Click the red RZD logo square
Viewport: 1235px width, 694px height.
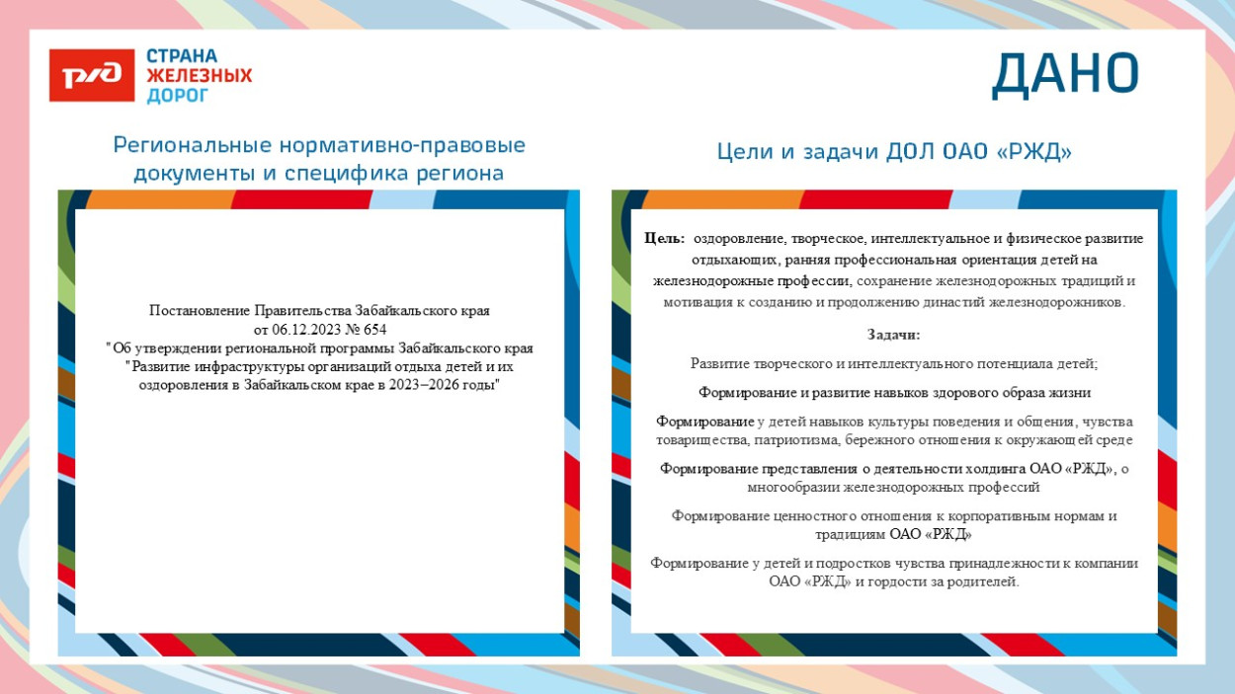(x=92, y=75)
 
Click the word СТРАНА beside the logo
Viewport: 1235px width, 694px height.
(x=182, y=56)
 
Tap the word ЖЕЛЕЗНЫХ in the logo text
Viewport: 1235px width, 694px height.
(x=200, y=76)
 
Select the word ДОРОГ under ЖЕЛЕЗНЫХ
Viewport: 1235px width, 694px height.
(x=178, y=96)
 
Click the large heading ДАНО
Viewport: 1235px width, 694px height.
(x=1065, y=74)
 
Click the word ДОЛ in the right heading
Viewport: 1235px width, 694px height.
(x=910, y=152)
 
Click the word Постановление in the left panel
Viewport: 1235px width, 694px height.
(x=201, y=310)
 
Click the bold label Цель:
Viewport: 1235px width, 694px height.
(x=664, y=239)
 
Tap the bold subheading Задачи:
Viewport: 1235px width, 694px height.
(x=893, y=335)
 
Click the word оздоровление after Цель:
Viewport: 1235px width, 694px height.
(x=739, y=239)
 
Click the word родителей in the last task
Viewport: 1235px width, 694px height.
(x=980, y=581)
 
